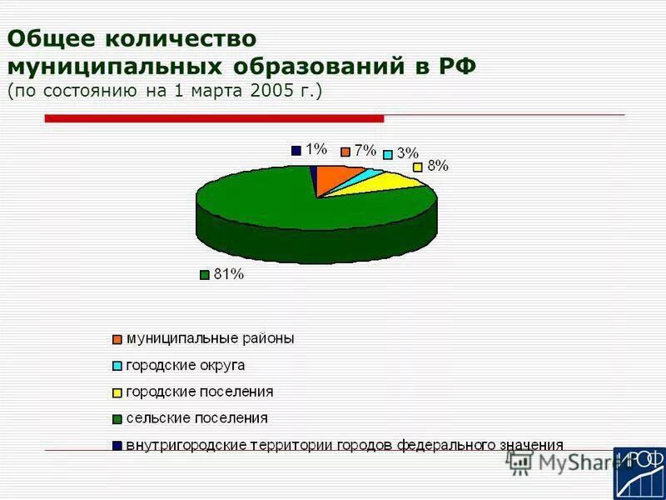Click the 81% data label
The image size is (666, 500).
228,275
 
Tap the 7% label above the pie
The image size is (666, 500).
365,151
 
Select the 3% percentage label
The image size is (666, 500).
407,153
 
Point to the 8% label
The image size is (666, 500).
438,166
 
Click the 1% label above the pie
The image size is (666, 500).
316,150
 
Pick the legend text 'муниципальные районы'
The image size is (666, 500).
211,338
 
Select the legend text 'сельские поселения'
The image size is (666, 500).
197,417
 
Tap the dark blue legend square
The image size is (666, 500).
117,445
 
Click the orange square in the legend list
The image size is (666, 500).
117,339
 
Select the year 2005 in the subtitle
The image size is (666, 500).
269,91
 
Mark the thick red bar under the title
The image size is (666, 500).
214,119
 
